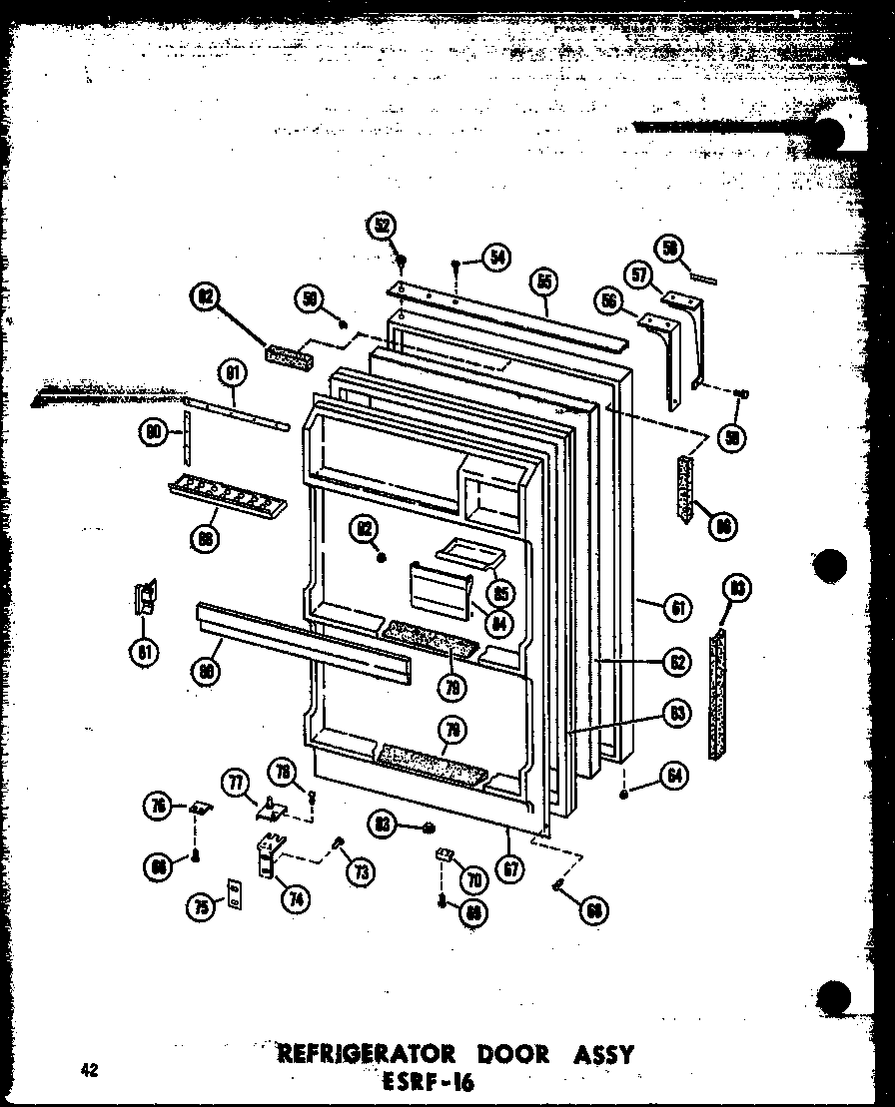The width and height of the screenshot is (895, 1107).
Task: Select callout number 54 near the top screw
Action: click(494, 257)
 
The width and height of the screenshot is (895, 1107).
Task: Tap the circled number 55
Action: click(544, 282)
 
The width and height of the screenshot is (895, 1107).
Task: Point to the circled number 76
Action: click(158, 807)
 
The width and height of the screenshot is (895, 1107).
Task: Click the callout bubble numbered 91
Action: click(232, 376)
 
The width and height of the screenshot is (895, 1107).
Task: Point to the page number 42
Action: click(90, 1071)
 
